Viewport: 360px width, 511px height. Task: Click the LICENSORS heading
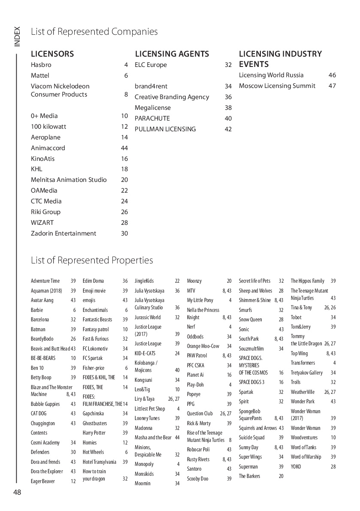(x=52, y=54)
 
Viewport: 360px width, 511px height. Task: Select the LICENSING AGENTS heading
(x=172, y=54)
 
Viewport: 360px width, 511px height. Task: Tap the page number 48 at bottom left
(x=17, y=492)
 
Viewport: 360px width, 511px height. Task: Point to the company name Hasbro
(x=41, y=65)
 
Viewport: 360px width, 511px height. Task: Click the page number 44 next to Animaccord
(x=124, y=148)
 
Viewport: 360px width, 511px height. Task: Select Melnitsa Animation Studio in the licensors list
(x=69, y=180)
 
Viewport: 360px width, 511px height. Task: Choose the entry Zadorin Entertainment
(x=64, y=233)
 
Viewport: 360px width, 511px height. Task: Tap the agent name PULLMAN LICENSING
(x=165, y=129)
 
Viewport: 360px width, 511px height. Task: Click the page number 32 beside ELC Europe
(x=228, y=65)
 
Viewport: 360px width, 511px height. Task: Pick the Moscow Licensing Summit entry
(x=277, y=86)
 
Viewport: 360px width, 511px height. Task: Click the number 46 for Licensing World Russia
(x=332, y=75)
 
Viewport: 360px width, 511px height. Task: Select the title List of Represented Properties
(x=92, y=260)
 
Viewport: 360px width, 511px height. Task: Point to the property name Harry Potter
(x=94, y=433)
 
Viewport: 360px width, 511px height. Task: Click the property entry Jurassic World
(x=148, y=317)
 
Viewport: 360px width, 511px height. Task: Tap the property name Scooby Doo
(x=197, y=479)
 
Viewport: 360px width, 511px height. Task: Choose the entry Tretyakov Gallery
(x=307, y=373)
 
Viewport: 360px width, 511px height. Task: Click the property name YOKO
(x=296, y=467)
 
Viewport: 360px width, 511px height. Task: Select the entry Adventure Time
(x=45, y=281)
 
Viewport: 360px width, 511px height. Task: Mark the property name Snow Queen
(x=250, y=320)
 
